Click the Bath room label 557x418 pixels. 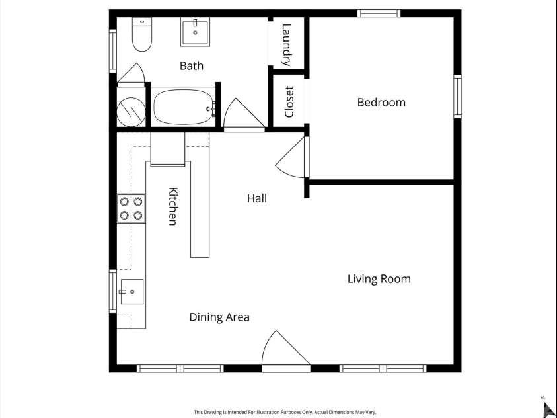(x=192, y=65)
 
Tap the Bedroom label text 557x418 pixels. (x=381, y=103)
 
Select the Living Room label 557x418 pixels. (x=379, y=279)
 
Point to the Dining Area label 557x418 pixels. (x=219, y=317)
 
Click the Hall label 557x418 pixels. (x=257, y=198)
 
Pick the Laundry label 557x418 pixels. (x=286, y=45)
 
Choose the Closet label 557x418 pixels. (x=289, y=102)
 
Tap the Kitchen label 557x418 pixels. (x=173, y=206)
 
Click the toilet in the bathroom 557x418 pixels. (x=142, y=34)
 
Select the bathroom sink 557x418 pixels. (x=195, y=32)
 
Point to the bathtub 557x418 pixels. (x=184, y=107)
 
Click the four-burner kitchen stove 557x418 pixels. (x=131, y=208)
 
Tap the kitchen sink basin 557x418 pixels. (x=132, y=292)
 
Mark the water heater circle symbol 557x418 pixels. (x=131, y=112)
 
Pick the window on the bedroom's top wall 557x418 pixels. (x=379, y=13)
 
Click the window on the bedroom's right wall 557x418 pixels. (x=457, y=97)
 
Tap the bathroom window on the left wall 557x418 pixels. (x=113, y=51)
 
